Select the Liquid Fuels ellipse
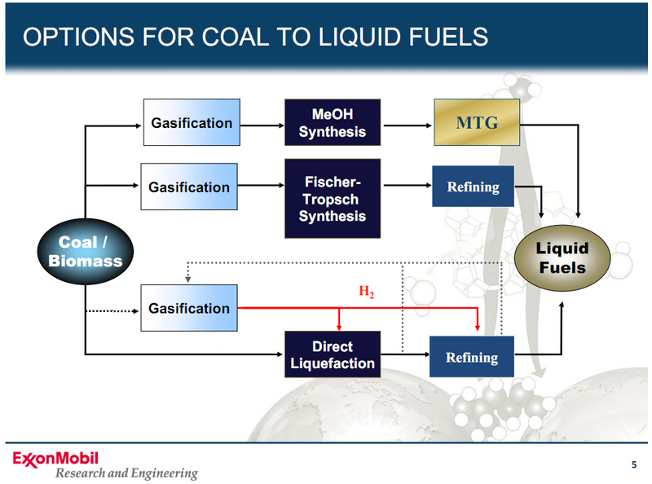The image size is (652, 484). coord(562,257)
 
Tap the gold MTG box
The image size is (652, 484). coord(476,123)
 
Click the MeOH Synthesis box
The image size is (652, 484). coord(332,122)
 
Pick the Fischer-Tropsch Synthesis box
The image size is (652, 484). coord(332,199)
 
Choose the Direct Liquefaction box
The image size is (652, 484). coord(332,354)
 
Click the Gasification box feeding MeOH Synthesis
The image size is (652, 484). coord(192,122)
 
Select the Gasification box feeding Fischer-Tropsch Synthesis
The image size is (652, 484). coord(189,187)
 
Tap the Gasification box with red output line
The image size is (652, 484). coord(189,308)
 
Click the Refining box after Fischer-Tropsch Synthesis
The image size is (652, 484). coord(473,187)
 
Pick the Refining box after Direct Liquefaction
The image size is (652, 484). coord(472,357)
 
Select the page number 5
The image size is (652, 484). coord(634,465)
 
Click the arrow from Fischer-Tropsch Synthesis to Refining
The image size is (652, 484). coord(405,185)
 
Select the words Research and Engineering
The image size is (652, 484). coord(126,473)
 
